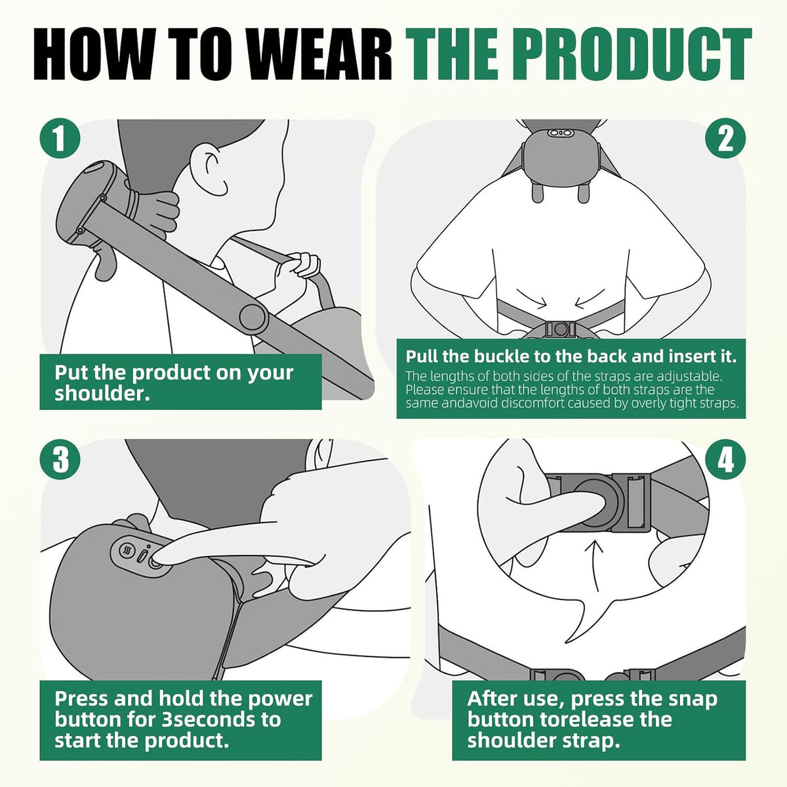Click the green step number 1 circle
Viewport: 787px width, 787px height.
click(x=60, y=138)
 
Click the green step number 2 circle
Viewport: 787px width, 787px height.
click(x=725, y=138)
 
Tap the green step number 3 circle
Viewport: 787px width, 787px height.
click(x=60, y=459)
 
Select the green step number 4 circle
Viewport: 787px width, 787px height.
click(x=725, y=459)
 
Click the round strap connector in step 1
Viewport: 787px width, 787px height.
click(x=252, y=317)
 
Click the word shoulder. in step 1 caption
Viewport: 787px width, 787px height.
click(x=102, y=393)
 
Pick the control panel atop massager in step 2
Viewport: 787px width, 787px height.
click(x=560, y=132)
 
